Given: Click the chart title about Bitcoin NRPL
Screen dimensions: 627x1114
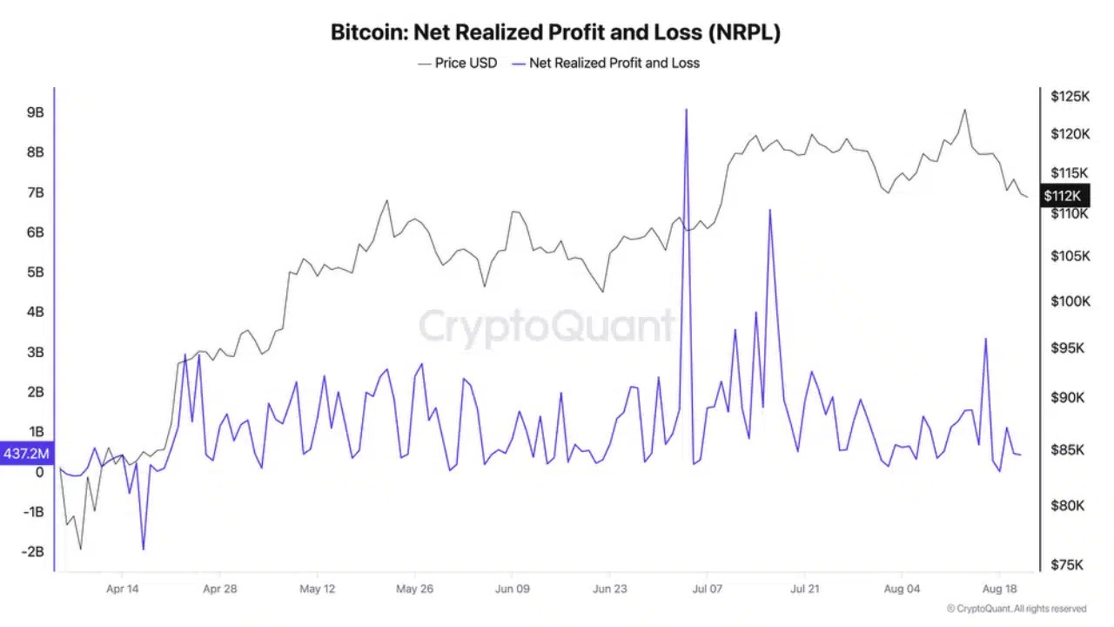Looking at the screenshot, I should pos(555,33).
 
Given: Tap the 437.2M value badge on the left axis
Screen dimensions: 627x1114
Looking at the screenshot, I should pos(27,454).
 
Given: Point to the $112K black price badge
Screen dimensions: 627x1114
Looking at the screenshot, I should pos(1062,196).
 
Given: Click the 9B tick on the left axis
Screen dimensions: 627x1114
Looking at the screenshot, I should pos(36,112).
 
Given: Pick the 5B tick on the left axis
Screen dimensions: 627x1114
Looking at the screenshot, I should pos(36,272).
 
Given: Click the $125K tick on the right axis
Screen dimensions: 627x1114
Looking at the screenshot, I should pos(1070,96).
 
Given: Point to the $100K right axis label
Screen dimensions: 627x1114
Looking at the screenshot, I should pos(1070,301).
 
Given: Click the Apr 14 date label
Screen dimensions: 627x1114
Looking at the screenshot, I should pos(123,589).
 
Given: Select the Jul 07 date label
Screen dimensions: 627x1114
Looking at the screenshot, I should pos(708,589).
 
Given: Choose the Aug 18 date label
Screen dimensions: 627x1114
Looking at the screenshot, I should pos(999,589).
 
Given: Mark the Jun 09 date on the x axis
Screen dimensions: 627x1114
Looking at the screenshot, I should pos(513,589).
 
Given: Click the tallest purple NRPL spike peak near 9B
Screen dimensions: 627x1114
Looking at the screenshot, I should pos(687,110).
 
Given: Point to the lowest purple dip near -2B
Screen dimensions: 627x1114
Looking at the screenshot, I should pos(143,549).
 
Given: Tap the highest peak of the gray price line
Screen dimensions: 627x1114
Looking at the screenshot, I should pos(964,110).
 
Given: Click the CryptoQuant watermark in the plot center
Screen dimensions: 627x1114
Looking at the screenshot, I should pos(547,327).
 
